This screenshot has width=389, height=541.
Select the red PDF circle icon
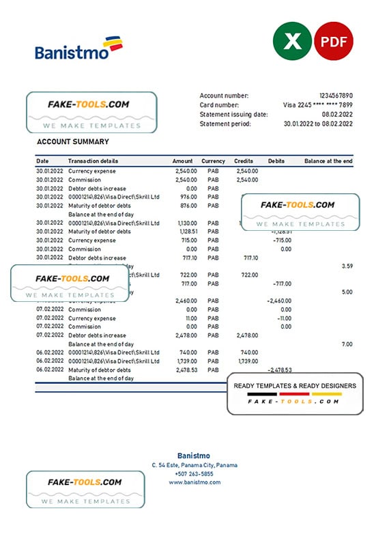pyautogui.click(x=333, y=42)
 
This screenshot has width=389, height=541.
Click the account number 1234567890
pyautogui.click(x=336, y=96)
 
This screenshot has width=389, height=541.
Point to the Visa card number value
pyautogui.click(x=318, y=105)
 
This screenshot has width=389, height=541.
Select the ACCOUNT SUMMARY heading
pyautogui.click(x=72, y=142)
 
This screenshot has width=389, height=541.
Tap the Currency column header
pyautogui.click(x=213, y=161)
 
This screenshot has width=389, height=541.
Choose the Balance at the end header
pyautogui.click(x=328, y=161)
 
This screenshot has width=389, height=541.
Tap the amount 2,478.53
pyautogui.click(x=185, y=370)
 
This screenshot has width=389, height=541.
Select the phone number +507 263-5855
pyautogui.click(x=194, y=473)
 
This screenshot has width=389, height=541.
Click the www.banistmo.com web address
pyautogui.click(x=194, y=482)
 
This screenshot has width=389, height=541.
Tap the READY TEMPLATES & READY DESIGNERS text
pyautogui.click(x=294, y=386)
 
